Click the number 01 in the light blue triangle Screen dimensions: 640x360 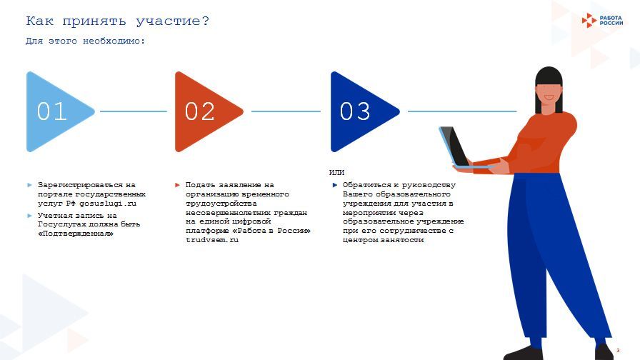[52, 111]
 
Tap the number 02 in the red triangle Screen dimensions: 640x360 [199, 111]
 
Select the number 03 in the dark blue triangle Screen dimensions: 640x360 [355, 111]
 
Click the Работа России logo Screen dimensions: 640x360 [602, 21]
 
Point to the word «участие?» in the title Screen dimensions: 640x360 [173, 21]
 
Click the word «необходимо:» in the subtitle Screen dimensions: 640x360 [114, 41]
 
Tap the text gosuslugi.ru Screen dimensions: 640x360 [108, 204]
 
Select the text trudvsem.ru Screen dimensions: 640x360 [212, 240]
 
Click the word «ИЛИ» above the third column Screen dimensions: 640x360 [336, 173]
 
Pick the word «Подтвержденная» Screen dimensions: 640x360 [76, 234]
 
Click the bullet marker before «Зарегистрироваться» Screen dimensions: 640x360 [29, 185]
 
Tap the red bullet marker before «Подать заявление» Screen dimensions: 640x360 [177, 185]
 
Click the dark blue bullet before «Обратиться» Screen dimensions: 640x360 [335, 185]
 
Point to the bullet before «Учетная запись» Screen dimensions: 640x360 [29, 216]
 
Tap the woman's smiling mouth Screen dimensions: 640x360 [549, 99]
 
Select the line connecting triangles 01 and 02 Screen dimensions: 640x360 [134, 111]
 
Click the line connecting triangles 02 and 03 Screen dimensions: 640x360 [286, 111]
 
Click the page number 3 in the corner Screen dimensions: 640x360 [618, 350]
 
